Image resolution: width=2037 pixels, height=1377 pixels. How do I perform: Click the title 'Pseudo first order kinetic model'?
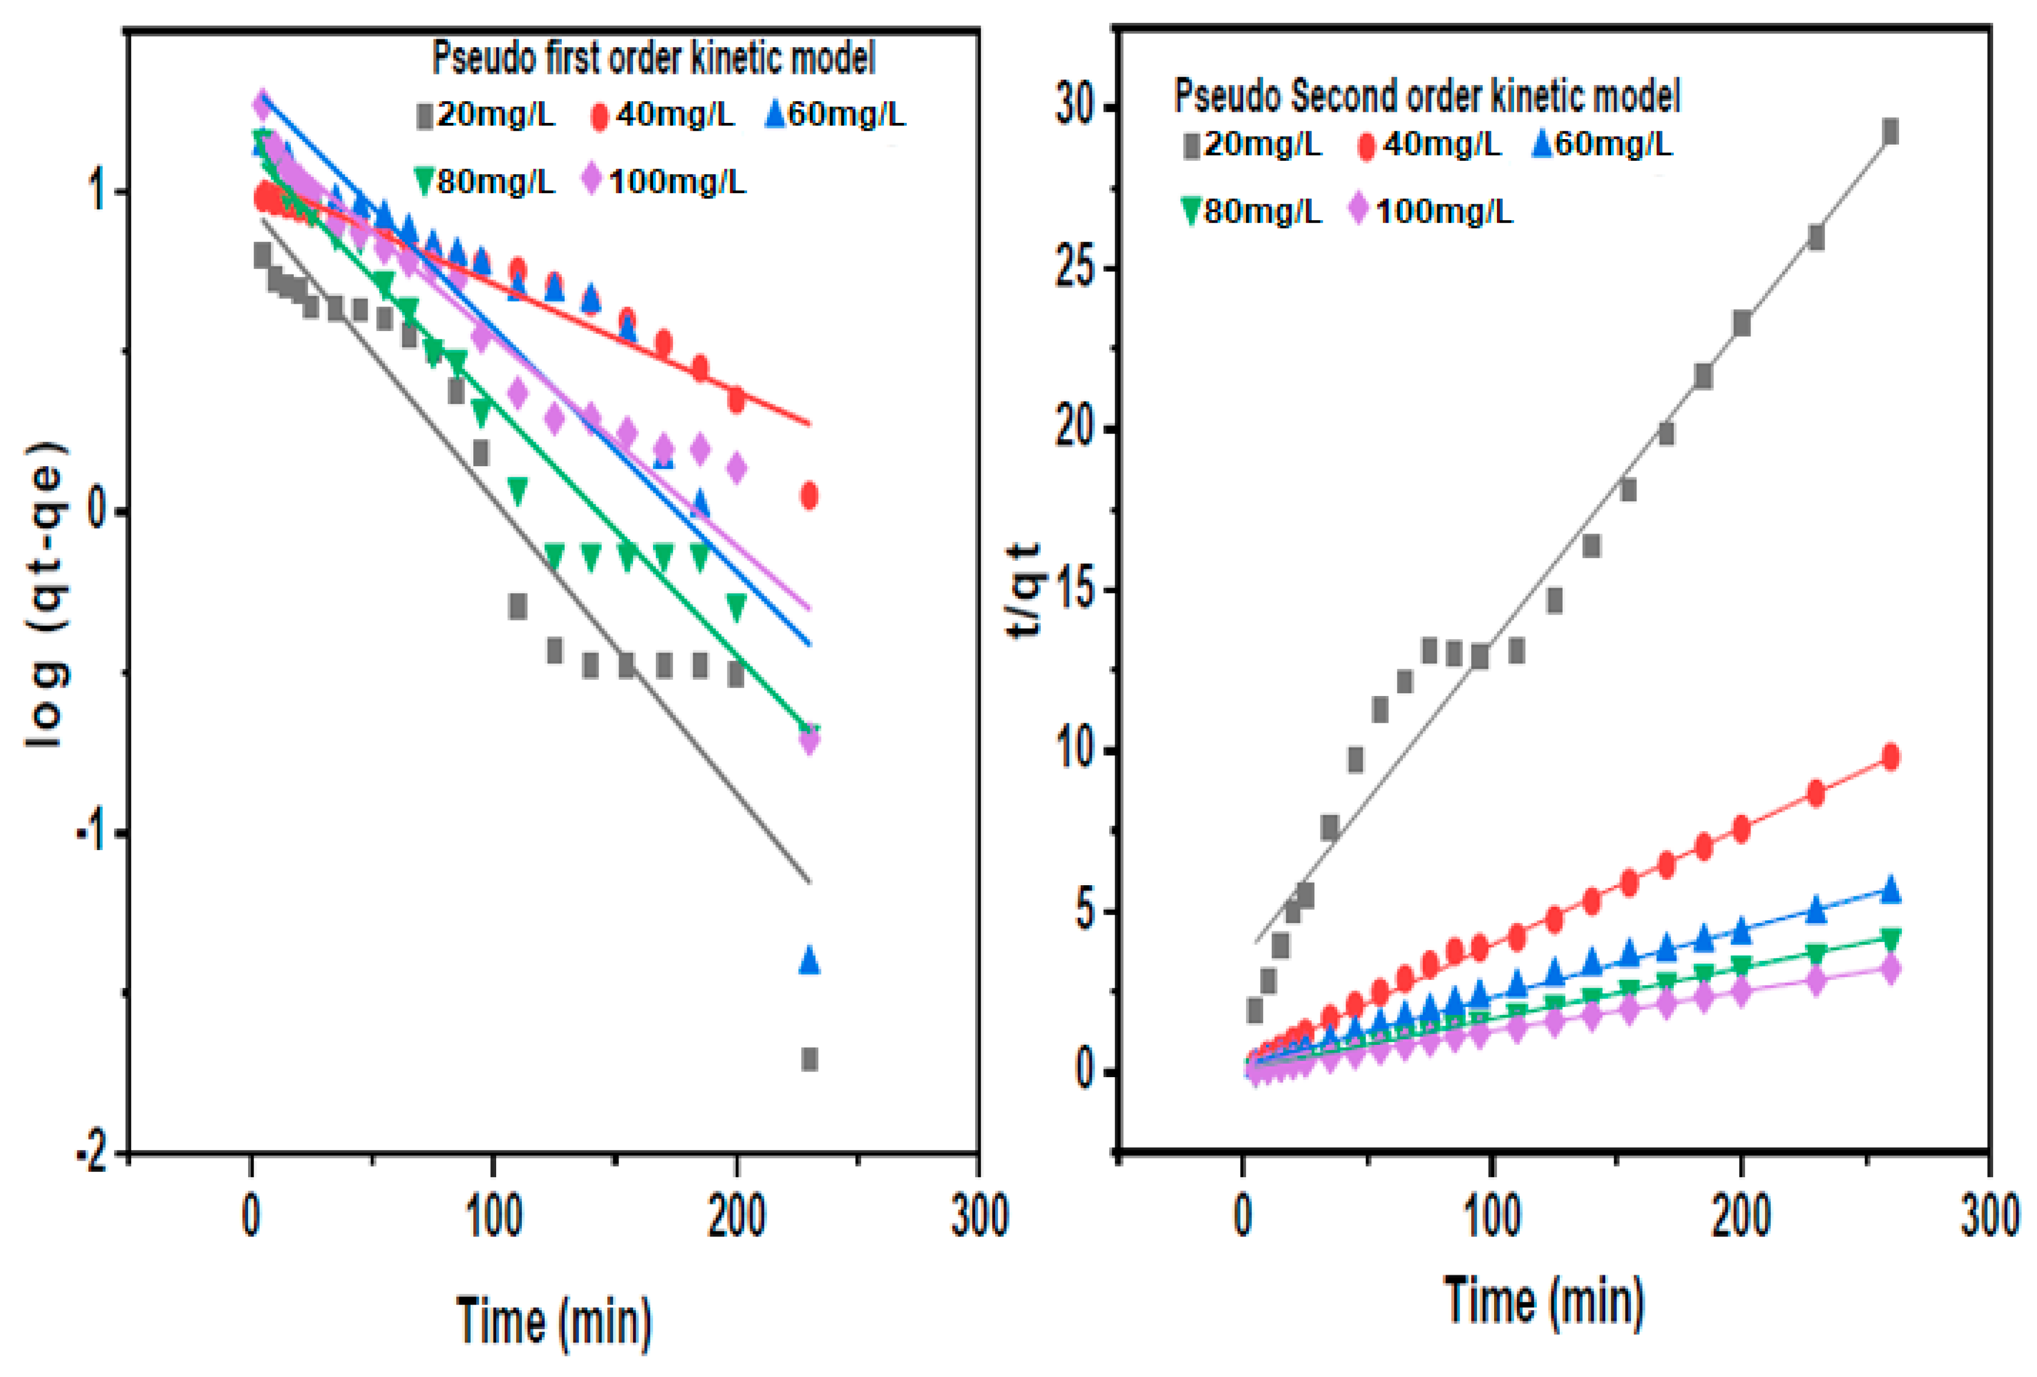coord(653,59)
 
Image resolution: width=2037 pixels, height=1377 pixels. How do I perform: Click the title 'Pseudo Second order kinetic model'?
coord(1426,96)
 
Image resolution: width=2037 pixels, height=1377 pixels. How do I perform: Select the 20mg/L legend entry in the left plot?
coord(487,115)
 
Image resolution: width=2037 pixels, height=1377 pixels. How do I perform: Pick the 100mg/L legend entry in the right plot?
coord(1431,211)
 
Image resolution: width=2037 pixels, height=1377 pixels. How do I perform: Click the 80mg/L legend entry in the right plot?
coord(1252,211)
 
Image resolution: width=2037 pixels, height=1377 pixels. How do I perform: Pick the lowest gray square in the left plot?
coord(809,1059)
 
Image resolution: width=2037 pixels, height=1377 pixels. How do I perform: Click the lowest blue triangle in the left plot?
coord(809,960)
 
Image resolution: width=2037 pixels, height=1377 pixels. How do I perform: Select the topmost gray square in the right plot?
coord(1891,131)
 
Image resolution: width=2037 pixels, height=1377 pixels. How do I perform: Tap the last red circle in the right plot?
coord(1891,757)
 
